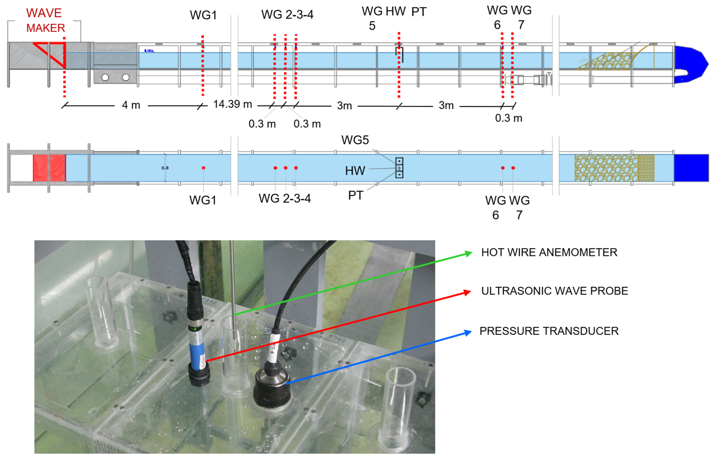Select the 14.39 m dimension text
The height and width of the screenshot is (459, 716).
(x=232, y=104)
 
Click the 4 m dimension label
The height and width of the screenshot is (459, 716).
(x=131, y=105)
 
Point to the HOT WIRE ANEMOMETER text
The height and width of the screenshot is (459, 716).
(x=549, y=253)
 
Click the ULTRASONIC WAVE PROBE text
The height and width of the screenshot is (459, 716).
(x=555, y=291)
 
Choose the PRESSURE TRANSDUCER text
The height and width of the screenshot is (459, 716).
(x=549, y=331)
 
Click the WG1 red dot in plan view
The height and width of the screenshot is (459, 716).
(x=203, y=168)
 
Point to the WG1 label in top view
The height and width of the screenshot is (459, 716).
(x=203, y=15)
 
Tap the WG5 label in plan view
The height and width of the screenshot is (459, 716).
(x=355, y=140)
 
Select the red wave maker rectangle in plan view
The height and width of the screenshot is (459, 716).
(x=49, y=168)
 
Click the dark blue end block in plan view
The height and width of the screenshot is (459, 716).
(x=691, y=168)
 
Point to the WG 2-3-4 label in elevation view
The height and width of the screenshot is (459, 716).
(x=287, y=15)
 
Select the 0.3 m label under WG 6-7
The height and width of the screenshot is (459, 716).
(x=509, y=118)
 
